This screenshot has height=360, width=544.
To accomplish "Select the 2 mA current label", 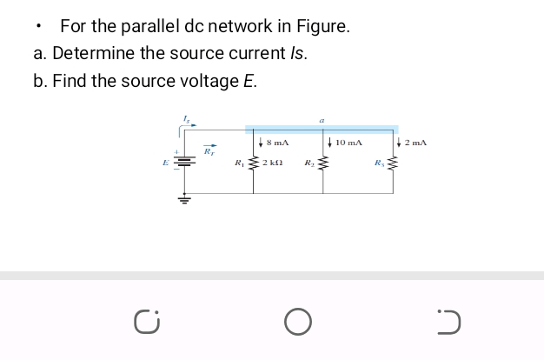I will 416,142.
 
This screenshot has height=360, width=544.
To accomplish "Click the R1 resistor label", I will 239,163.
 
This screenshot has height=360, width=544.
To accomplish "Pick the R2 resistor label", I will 308,163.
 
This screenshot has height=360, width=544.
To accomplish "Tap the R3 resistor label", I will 379,163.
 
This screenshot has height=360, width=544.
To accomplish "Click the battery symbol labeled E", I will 182,163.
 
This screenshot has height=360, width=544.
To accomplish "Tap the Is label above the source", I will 186,117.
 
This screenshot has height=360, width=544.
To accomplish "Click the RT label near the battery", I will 209,151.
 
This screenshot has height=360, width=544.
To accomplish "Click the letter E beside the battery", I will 164,163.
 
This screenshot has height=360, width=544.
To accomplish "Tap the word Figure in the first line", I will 321,27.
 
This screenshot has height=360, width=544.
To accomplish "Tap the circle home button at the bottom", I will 296,323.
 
